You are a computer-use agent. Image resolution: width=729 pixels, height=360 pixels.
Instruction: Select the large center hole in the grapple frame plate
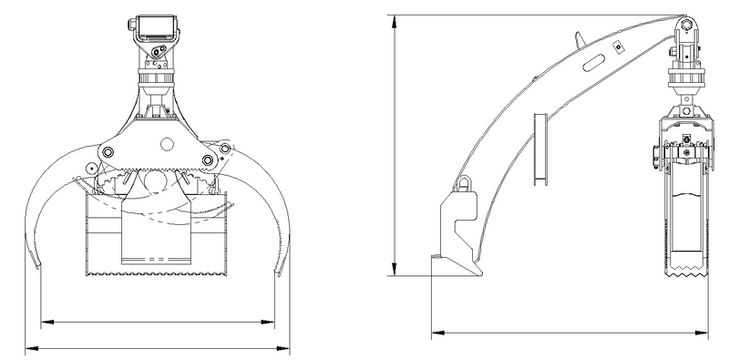coord(165,143)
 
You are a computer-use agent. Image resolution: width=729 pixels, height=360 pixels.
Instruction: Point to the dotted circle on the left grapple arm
coord(91,168)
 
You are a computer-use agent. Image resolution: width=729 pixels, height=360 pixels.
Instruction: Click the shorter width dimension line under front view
coord(159,321)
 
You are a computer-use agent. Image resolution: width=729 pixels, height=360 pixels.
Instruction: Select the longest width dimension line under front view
coord(159,347)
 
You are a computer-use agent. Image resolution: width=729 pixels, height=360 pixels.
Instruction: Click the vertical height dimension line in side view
coord(394,146)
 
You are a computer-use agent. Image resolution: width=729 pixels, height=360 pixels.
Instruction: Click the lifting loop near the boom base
coord(464,184)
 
